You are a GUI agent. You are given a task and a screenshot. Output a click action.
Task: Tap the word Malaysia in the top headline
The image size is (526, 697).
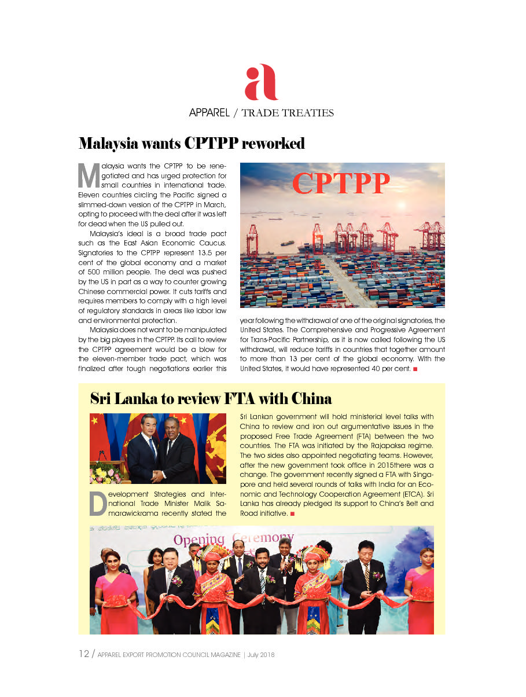tap(108, 143)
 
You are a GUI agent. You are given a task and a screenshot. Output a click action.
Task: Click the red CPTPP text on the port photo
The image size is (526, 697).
tap(341, 183)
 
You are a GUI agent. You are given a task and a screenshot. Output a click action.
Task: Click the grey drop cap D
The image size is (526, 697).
tap(98, 504)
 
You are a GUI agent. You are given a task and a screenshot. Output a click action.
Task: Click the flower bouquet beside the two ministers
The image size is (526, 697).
tap(106, 473)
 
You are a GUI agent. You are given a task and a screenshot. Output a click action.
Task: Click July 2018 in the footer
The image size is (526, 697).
tap(261, 655)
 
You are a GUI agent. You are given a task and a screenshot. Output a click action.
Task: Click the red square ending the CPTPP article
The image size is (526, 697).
tap(415, 369)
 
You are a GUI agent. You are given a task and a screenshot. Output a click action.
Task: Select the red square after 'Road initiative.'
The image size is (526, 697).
tap(293, 513)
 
